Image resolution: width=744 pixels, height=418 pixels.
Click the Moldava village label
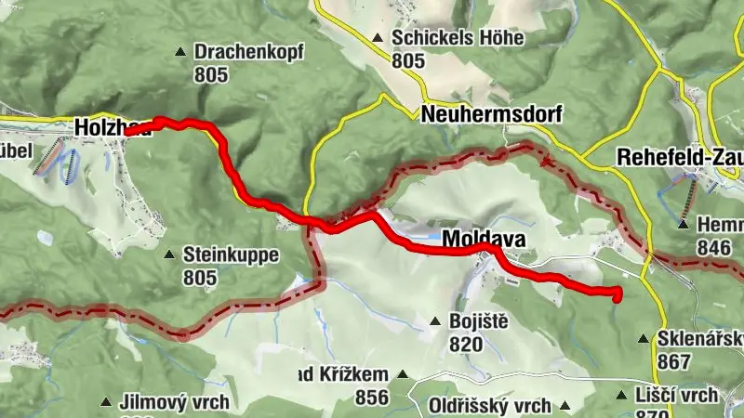[x=484, y=240]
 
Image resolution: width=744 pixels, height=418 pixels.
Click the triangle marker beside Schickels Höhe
[x=378, y=39]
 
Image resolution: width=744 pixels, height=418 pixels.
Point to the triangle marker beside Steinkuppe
[x=169, y=255]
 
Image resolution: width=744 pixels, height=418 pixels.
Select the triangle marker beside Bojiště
[x=434, y=322]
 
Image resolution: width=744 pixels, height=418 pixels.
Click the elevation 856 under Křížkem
[x=371, y=397]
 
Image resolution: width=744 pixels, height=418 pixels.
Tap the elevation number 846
[x=713, y=247]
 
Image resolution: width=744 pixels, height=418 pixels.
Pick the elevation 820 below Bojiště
[x=466, y=345]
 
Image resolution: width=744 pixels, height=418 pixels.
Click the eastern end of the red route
[x=617, y=295]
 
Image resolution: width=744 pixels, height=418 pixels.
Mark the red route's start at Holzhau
[x=127, y=132]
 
